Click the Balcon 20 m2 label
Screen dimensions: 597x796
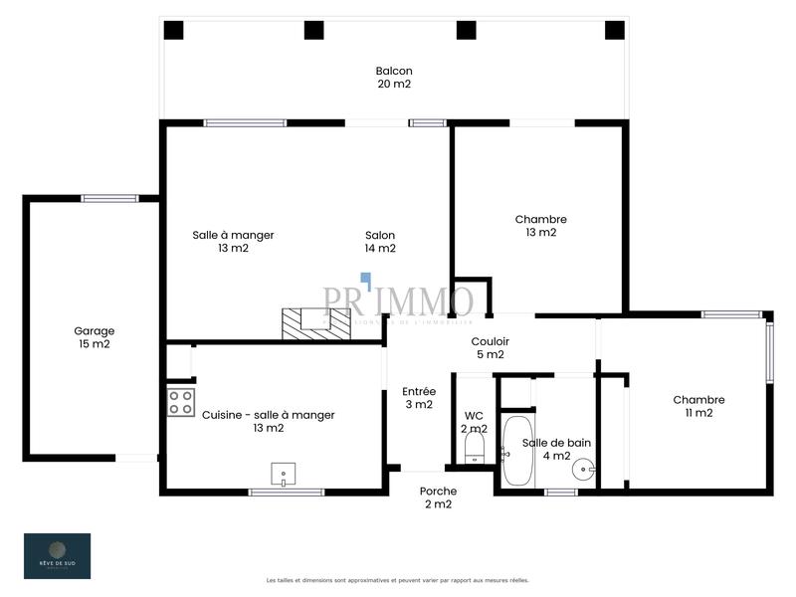point(394,78)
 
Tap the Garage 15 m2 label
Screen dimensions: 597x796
point(94,337)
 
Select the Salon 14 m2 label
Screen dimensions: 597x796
point(380,242)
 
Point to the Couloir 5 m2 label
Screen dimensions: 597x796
point(490,347)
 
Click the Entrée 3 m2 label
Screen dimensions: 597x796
point(418,398)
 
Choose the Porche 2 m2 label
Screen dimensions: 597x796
point(438,497)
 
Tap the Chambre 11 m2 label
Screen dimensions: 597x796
point(698,406)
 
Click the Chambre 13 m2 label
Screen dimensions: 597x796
point(540,226)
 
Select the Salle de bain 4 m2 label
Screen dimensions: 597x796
point(547,450)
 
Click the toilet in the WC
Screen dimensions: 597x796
point(475,446)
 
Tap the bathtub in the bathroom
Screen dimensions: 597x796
point(517,452)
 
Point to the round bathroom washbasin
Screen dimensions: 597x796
point(589,464)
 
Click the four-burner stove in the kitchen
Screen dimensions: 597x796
point(180,402)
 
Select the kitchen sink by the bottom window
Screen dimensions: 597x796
point(285,473)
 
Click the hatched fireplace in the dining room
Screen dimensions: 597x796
point(316,322)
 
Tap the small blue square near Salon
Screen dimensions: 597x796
point(366,279)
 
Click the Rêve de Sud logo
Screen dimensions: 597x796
point(57,555)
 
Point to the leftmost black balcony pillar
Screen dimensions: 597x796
point(173,30)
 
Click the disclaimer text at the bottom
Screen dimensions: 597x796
point(397,580)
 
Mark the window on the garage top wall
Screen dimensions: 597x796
point(109,198)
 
